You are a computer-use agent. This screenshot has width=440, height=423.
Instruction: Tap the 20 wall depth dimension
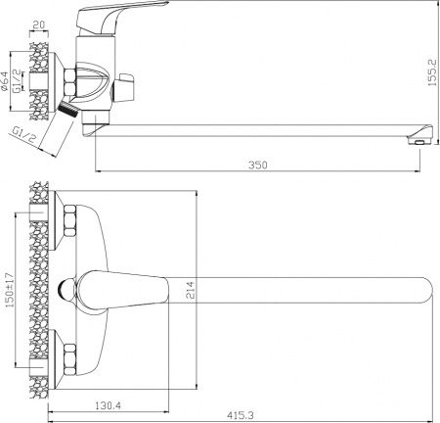(x=38, y=25)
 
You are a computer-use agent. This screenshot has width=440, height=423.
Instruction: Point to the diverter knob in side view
(x=122, y=91)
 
